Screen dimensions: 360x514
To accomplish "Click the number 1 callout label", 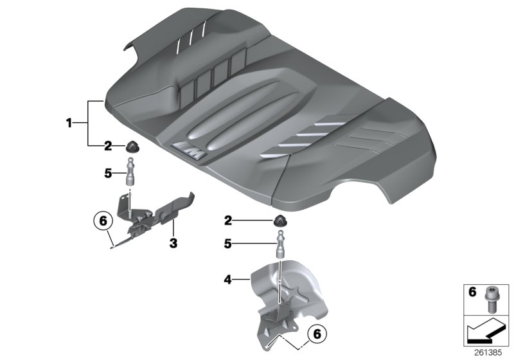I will click(x=69, y=123).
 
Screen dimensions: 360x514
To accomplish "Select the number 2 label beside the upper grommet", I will click(x=109, y=146).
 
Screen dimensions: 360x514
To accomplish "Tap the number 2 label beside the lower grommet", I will click(x=227, y=221).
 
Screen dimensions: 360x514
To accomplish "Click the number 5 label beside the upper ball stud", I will click(x=109, y=173).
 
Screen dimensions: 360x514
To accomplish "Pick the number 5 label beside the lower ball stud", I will click(x=227, y=244).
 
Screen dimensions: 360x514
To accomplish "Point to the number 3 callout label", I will click(x=172, y=244).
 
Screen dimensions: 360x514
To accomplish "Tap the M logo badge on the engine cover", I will click(x=191, y=150).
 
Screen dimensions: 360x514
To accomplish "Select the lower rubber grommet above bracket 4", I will click(x=280, y=222).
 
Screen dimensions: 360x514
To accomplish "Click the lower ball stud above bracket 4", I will click(x=281, y=245).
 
